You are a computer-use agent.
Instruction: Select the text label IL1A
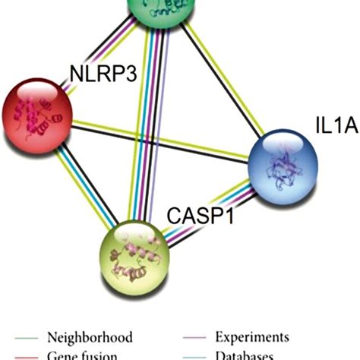[x=334, y=123]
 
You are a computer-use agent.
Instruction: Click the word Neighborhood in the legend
[x=90, y=336]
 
